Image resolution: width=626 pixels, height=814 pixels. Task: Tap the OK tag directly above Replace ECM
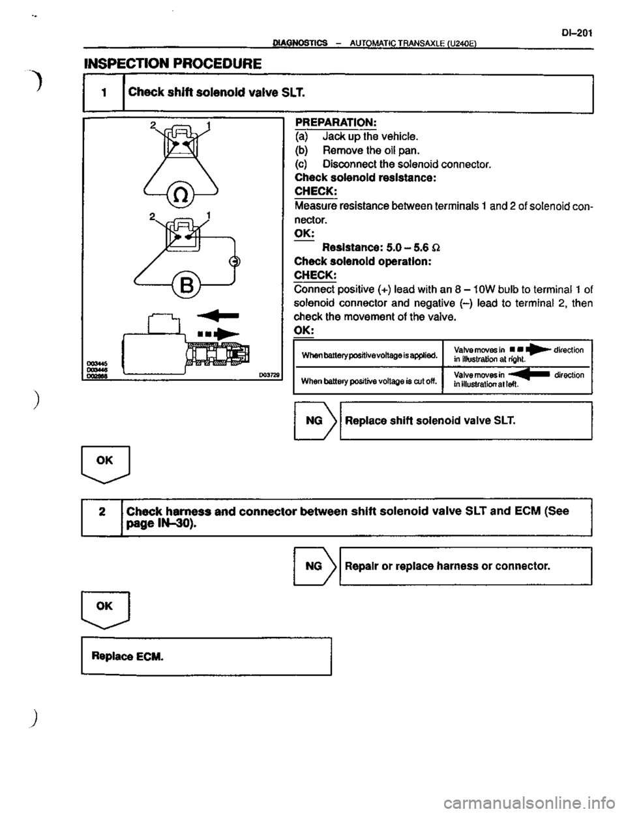(x=104, y=606)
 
